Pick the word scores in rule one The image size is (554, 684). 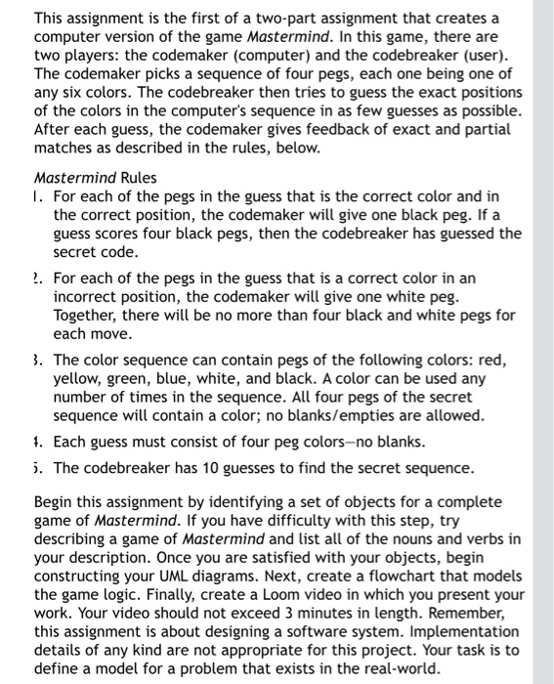click(x=119, y=233)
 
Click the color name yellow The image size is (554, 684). click(x=79, y=378)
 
